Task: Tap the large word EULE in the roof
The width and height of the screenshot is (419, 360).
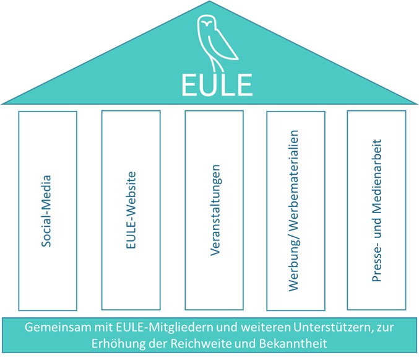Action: pyautogui.click(x=209, y=84)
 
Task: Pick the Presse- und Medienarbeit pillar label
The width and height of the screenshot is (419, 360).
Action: pyautogui.click(x=376, y=211)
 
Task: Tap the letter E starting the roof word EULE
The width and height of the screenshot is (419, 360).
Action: pyautogui.click(x=188, y=84)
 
